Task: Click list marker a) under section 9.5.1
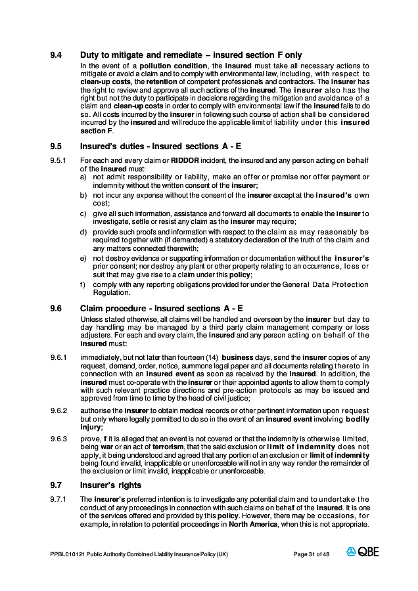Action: [83, 177]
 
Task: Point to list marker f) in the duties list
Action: [83, 284]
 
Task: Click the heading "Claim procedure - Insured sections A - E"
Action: [162, 308]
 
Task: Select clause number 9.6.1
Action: [58, 357]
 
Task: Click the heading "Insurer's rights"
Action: [110, 485]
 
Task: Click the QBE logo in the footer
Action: [363, 552]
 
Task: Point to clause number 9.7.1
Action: [58, 499]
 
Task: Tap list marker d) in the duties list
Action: [83, 232]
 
